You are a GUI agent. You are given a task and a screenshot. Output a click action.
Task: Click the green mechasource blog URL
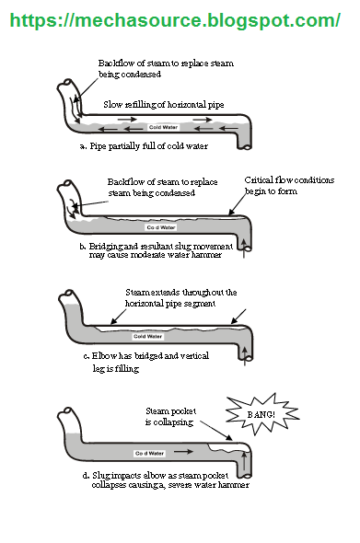(175, 20)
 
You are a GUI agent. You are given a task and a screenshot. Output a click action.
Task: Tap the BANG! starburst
(262, 414)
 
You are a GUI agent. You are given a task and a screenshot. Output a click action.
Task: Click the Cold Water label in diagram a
(163, 127)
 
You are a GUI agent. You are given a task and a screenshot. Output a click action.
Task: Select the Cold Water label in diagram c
(148, 336)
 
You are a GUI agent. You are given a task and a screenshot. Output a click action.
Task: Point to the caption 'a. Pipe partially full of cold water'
(144, 146)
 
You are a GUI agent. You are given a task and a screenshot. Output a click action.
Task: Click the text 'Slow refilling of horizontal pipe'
(164, 105)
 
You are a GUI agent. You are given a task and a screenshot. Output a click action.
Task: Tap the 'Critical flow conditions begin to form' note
(289, 185)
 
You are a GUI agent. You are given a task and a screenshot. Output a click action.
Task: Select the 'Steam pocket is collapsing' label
(170, 417)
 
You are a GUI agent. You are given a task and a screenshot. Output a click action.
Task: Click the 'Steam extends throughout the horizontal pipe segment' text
(180, 298)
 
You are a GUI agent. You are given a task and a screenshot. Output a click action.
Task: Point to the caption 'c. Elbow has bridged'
(146, 356)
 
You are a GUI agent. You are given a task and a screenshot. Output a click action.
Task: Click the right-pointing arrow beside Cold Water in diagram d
(183, 452)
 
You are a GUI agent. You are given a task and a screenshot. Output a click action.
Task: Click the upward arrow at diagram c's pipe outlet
(245, 356)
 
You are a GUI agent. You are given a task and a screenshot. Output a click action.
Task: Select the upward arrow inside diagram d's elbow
(245, 460)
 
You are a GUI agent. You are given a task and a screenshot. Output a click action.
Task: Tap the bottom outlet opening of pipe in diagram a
(246, 147)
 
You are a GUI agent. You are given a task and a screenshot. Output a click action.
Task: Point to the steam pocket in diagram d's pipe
(227, 447)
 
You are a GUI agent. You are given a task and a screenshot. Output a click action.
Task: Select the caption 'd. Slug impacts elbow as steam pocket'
(156, 476)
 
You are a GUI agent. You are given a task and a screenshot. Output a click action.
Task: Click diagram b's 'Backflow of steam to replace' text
(162, 182)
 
